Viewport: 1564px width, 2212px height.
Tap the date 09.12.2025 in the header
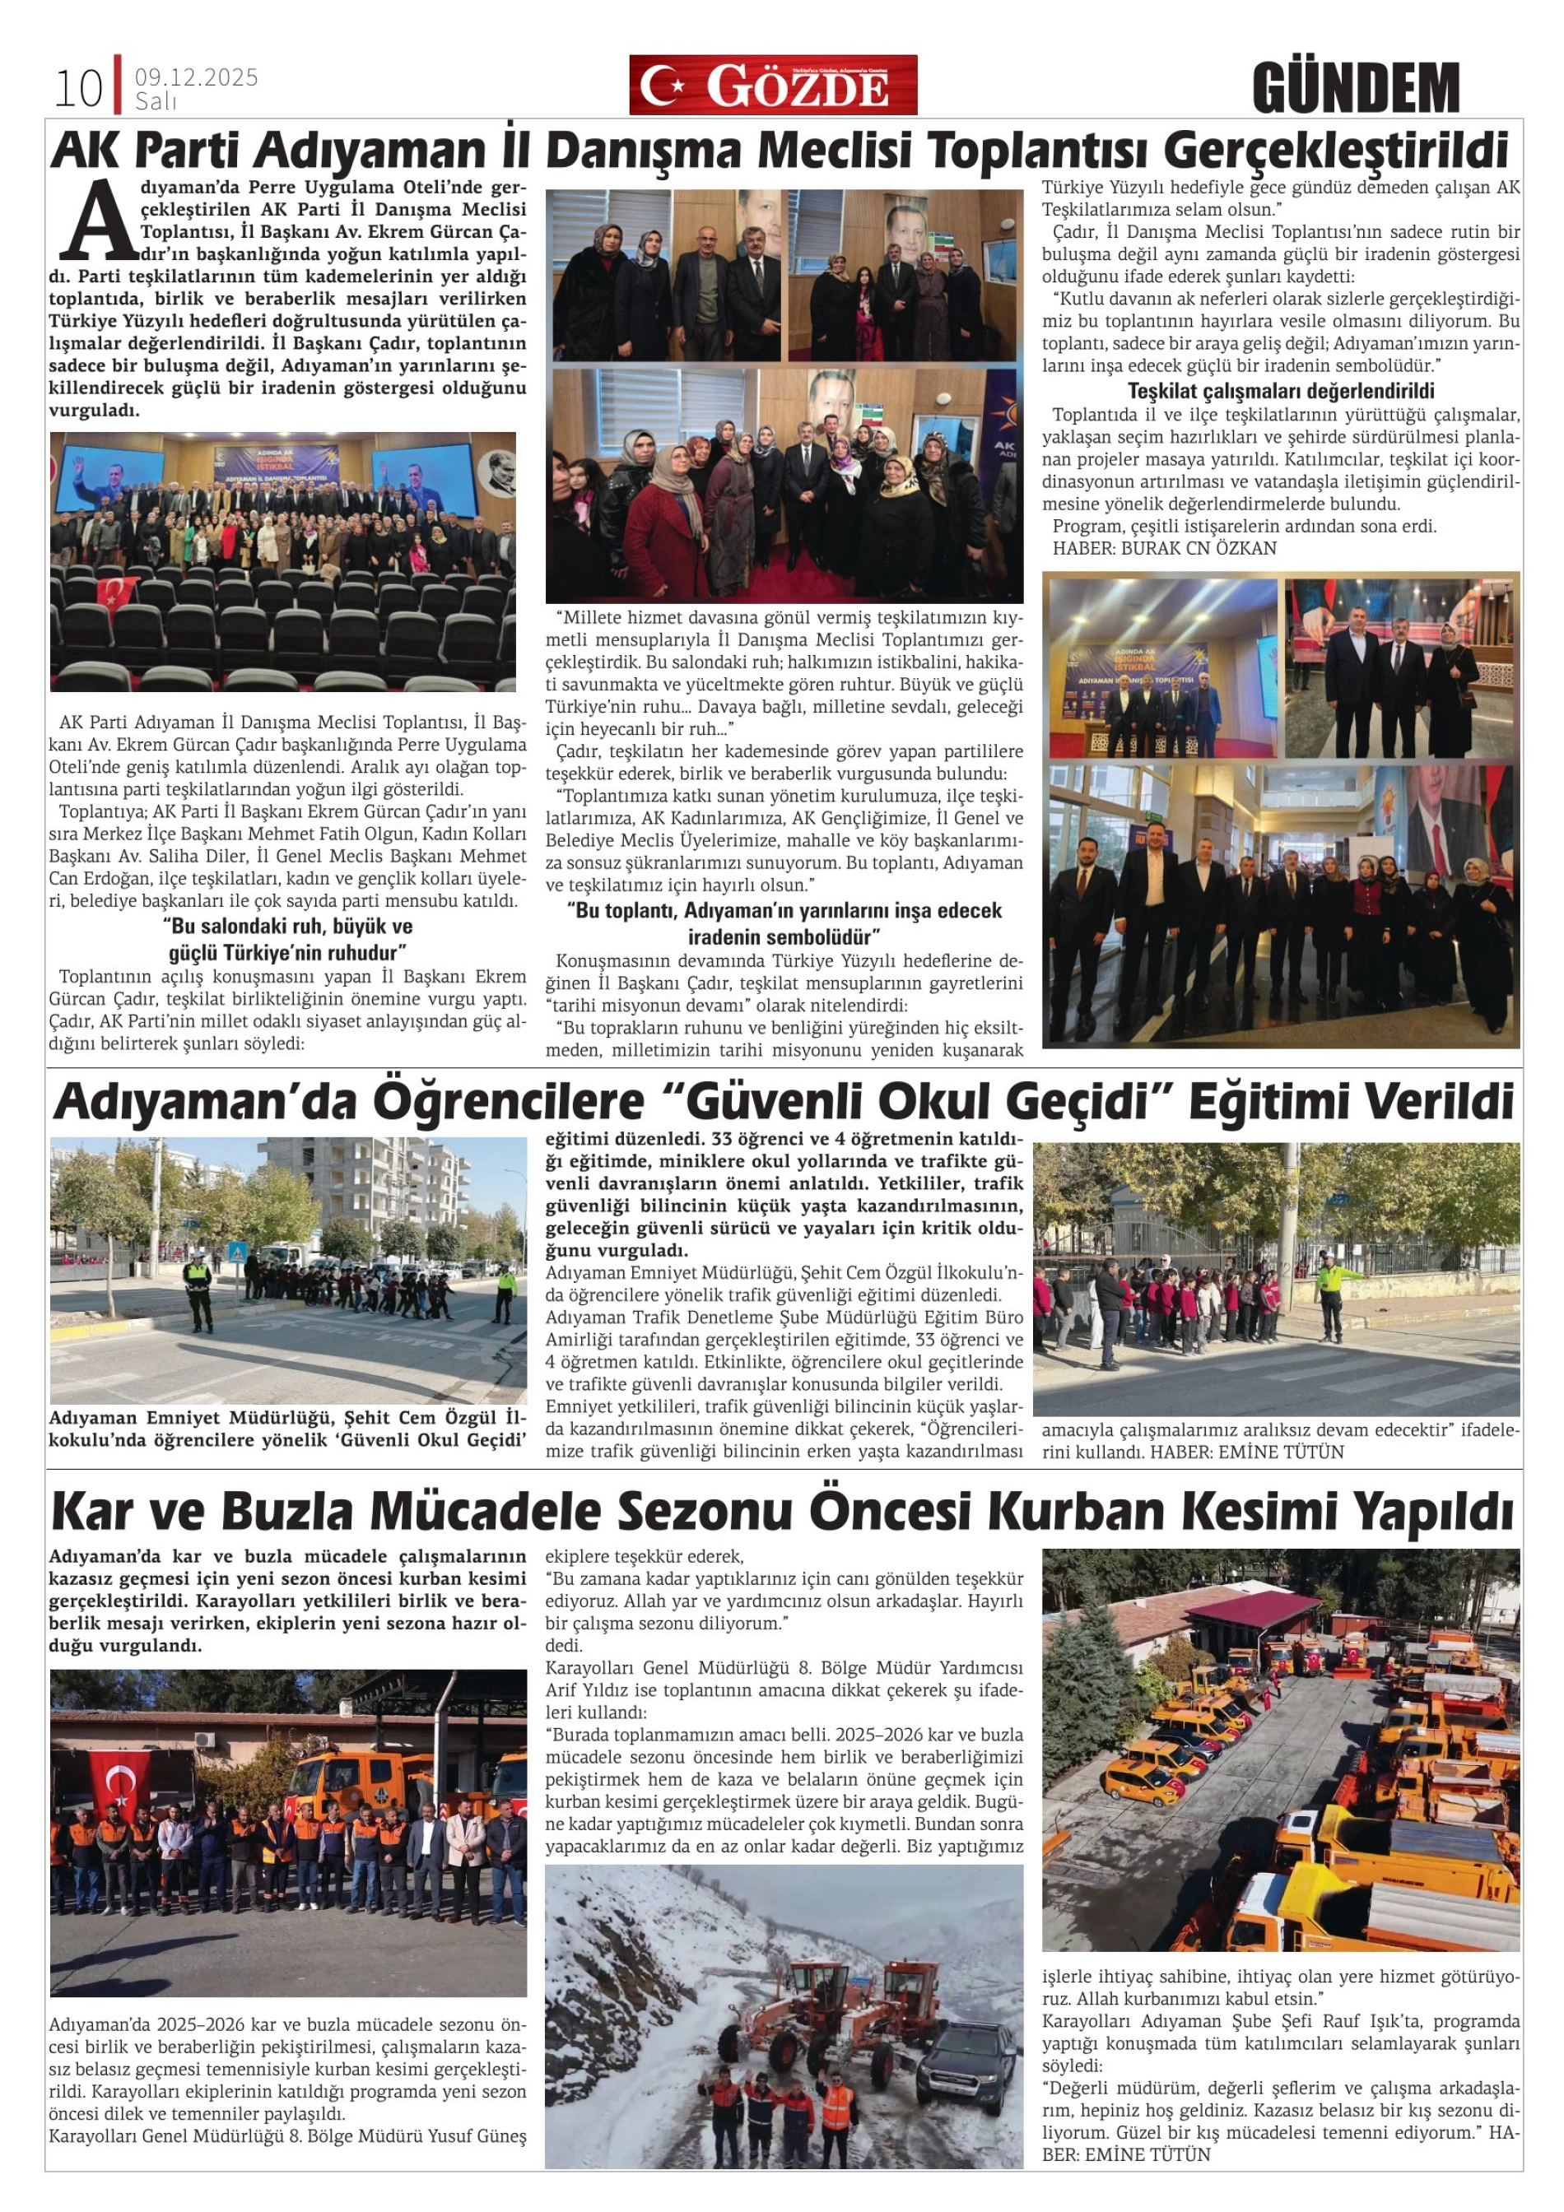point(197,78)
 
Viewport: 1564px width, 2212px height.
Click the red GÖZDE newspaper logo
point(773,86)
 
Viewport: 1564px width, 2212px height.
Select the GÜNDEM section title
point(1356,88)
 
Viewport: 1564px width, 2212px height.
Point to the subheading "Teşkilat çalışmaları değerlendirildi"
point(1281,391)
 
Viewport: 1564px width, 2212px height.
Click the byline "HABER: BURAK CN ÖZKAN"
point(1164,548)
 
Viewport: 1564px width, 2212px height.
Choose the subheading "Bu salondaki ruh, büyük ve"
point(287,926)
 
